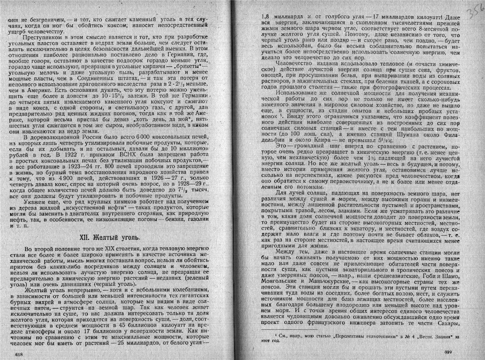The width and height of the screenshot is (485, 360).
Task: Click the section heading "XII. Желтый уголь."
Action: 110,237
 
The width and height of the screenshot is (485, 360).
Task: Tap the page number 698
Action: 19,354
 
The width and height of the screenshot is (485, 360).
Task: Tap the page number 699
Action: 448,351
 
